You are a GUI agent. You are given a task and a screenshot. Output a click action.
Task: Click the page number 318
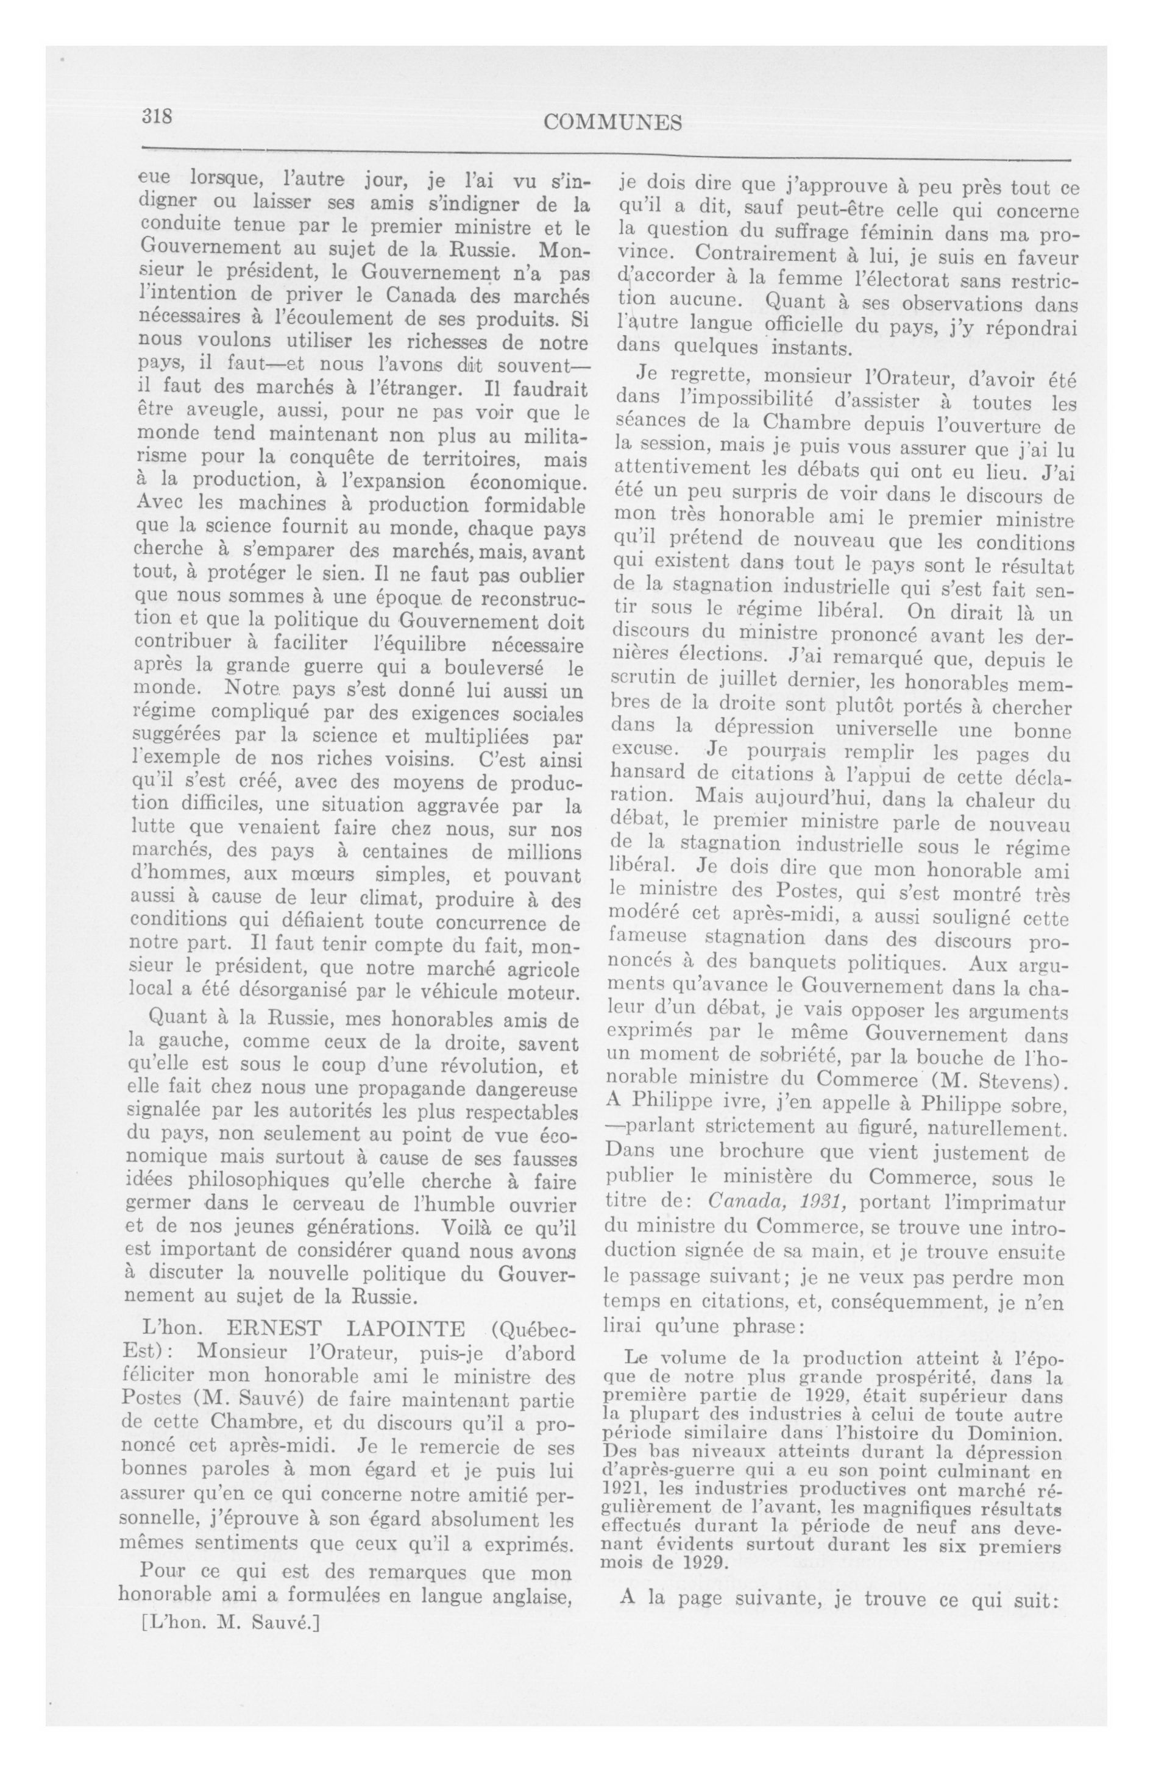[157, 116]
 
